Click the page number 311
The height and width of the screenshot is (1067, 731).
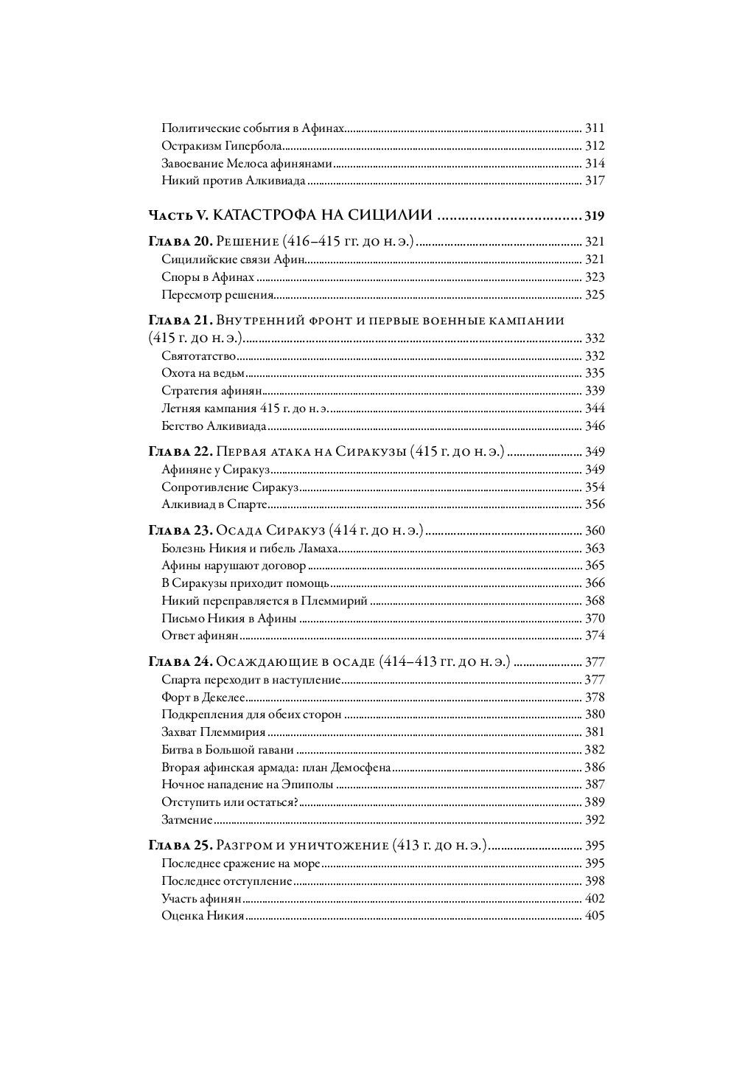(x=594, y=128)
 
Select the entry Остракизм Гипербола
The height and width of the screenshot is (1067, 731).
(x=218, y=146)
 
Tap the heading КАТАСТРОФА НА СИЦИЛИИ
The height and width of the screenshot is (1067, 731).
(x=324, y=216)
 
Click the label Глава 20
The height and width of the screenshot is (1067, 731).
(x=181, y=241)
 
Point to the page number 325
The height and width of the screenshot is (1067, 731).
(x=594, y=296)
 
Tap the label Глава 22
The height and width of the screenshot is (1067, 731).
(x=181, y=451)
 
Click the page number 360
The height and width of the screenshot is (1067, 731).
(x=594, y=530)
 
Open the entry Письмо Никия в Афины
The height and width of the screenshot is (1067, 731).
(x=228, y=618)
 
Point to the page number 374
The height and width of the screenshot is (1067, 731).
(x=594, y=636)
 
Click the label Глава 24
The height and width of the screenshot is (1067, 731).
(x=181, y=661)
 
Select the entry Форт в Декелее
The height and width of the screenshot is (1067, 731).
(x=203, y=697)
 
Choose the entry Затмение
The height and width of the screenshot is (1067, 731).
(x=187, y=820)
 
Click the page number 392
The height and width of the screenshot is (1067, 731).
(x=594, y=820)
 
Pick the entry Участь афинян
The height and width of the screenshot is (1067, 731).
(x=202, y=898)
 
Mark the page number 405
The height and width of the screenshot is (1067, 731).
(x=594, y=916)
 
